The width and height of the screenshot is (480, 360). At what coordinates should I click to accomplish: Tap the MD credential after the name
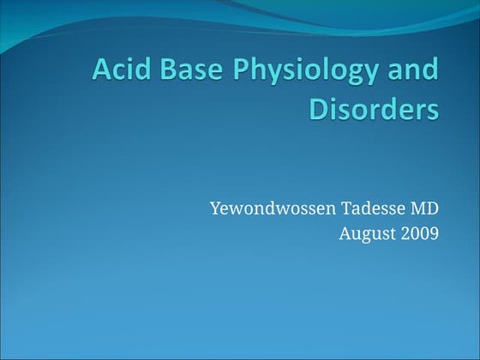coord(426,208)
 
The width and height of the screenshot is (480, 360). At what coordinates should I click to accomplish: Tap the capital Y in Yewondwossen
coord(214,208)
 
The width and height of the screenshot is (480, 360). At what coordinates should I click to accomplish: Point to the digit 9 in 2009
coord(435,232)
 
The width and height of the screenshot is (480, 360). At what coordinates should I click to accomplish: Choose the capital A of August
coord(345,232)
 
